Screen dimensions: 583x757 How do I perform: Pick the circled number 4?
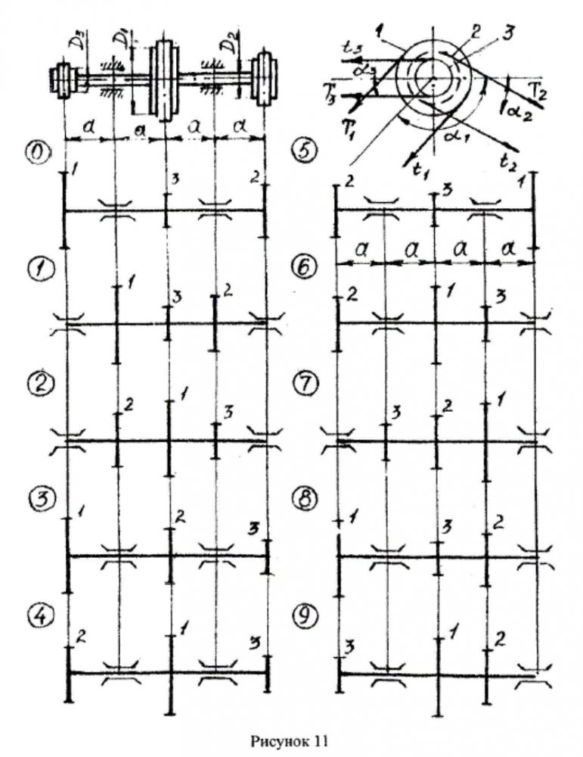click(37, 614)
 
